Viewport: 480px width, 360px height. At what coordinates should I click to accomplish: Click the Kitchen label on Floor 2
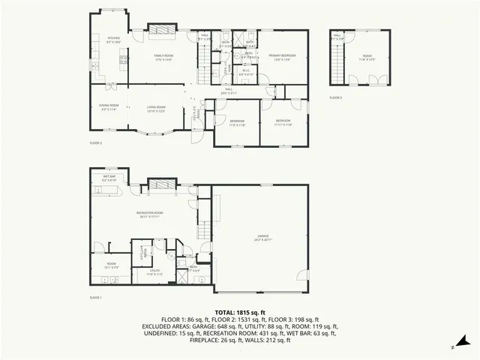(x=114, y=38)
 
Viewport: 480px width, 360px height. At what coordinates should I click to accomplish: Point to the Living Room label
(x=156, y=108)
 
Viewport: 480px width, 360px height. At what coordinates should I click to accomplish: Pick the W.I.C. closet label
(x=247, y=73)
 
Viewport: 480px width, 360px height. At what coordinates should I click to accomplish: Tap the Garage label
(x=262, y=238)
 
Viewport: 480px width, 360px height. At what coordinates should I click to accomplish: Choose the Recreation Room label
(x=150, y=214)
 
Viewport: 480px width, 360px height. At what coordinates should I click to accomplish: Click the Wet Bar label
(x=109, y=177)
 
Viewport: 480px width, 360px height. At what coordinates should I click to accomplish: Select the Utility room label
(x=154, y=273)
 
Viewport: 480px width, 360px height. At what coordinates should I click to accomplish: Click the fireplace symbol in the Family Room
(x=162, y=30)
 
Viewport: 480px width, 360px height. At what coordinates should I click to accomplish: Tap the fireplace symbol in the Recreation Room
(x=159, y=184)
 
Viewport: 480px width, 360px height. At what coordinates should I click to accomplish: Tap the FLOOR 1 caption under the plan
(x=95, y=298)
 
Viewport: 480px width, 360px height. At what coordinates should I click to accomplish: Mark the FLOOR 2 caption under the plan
(x=95, y=142)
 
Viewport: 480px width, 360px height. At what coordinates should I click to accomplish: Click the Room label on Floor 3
(x=367, y=56)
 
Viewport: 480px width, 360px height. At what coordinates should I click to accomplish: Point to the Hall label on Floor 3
(x=337, y=37)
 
